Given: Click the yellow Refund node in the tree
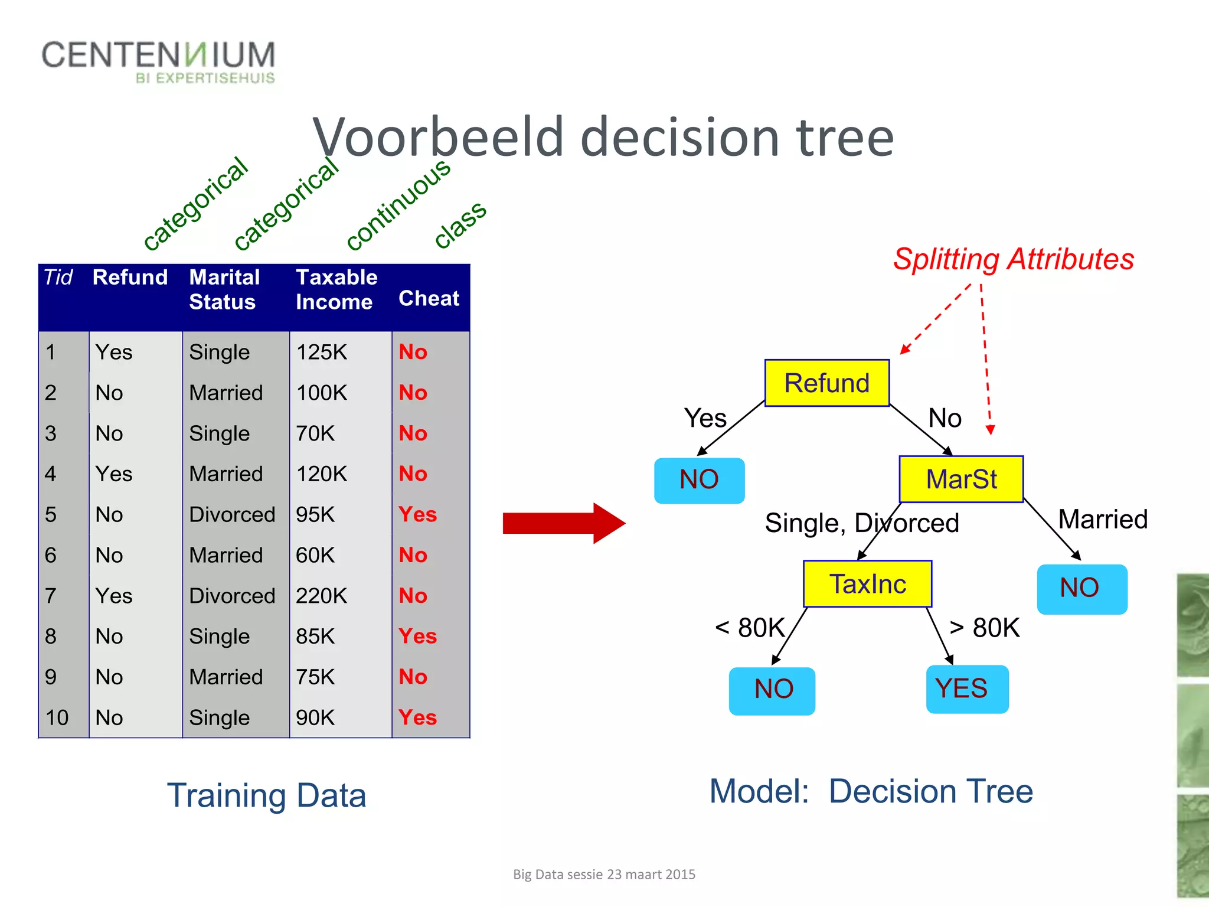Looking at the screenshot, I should pyautogui.click(x=826, y=383).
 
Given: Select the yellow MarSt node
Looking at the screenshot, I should pyautogui.click(x=960, y=479).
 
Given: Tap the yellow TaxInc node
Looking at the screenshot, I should pyautogui.click(x=867, y=584).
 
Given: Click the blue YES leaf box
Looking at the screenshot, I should pyautogui.click(x=966, y=689).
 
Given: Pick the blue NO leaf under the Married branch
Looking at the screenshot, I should pyautogui.click(x=1081, y=589).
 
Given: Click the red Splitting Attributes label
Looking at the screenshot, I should pyautogui.click(x=1013, y=259).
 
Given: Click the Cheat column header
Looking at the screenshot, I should pyautogui.click(x=429, y=299).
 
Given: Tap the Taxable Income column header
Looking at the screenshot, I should pyautogui.click(x=336, y=289).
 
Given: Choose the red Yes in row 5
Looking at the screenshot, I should pyautogui.click(x=417, y=514).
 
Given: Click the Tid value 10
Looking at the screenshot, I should pyautogui.click(x=57, y=717).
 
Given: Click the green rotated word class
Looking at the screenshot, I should pyautogui.click(x=460, y=224).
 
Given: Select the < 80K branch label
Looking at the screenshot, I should pyautogui.click(x=750, y=628).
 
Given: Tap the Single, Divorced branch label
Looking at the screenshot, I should pyautogui.click(x=861, y=523).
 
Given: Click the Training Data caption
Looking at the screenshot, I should pyautogui.click(x=266, y=795).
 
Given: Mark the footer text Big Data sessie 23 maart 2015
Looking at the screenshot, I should pyautogui.click(x=604, y=875).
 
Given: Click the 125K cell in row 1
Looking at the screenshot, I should pyautogui.click(x=321, y=353).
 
